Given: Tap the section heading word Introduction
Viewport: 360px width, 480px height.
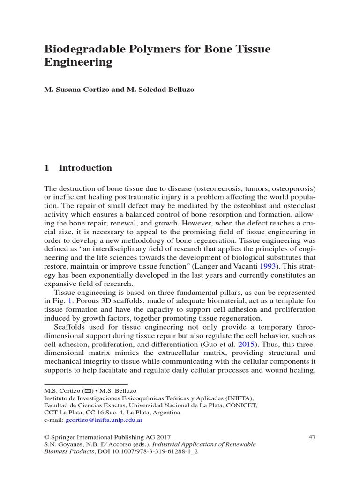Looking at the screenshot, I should pos(85,168).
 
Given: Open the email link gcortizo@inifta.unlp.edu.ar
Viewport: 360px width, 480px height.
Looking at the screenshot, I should pos(107,420).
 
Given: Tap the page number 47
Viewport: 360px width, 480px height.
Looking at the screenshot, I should pos(312,437).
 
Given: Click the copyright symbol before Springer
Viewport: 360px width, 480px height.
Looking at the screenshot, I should pos(47,437).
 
